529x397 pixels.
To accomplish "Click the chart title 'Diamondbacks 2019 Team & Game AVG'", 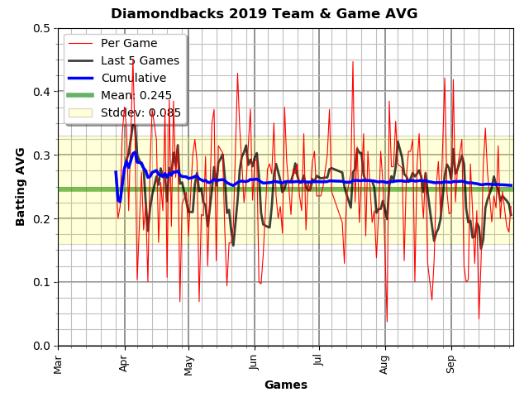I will (x=264, y=13).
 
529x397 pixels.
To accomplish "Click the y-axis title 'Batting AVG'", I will (x=21, y=186).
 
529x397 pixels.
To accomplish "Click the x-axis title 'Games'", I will (x=285, y=385).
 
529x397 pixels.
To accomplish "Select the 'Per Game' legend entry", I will (x=128, y=43).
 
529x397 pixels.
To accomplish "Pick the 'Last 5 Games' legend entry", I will (x=140, y=60).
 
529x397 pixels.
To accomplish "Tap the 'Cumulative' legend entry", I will (x=133, y=78).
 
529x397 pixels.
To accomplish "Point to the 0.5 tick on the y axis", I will (x=41, y=28).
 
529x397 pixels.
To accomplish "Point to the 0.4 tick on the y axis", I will (x=41, y=92).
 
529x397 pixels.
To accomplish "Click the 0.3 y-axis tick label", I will (x=41, y=155).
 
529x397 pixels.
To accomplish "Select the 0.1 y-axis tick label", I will (x=41, y=282).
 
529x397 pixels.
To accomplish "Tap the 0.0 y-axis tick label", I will (x=41, y=346).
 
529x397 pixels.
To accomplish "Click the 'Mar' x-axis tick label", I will (x=58, y=362).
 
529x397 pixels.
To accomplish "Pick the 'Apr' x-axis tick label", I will (x=124, y=361).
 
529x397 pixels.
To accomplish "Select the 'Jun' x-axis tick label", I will (x=254, y=361).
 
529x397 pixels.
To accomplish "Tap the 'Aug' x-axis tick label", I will (x=384, y=362).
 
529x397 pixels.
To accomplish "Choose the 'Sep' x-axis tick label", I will (x=450, y=361).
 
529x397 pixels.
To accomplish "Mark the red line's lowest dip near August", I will (x=387, y=322).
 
